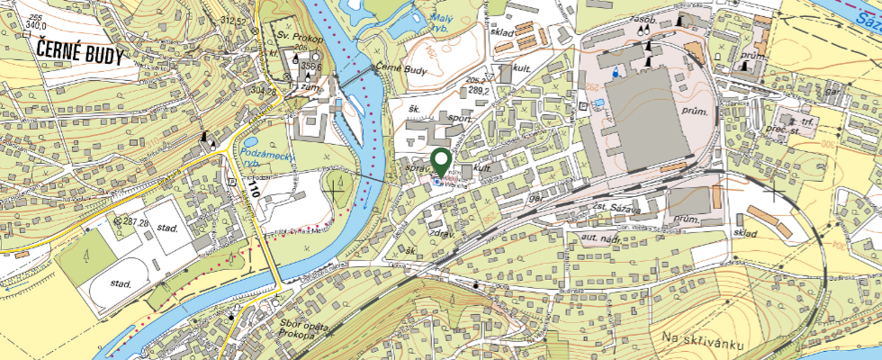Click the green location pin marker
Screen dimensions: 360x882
pyautogui.click(x=441, y=163)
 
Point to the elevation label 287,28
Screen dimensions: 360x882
pyautogui.click(x=132, y=220)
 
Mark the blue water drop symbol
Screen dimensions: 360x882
pyautogui.click(x=616, y=71)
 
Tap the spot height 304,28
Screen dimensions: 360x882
pyautogui.click(x=263, y=90)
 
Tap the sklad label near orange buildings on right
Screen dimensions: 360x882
pyautogui.click(x=746, y=234)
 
